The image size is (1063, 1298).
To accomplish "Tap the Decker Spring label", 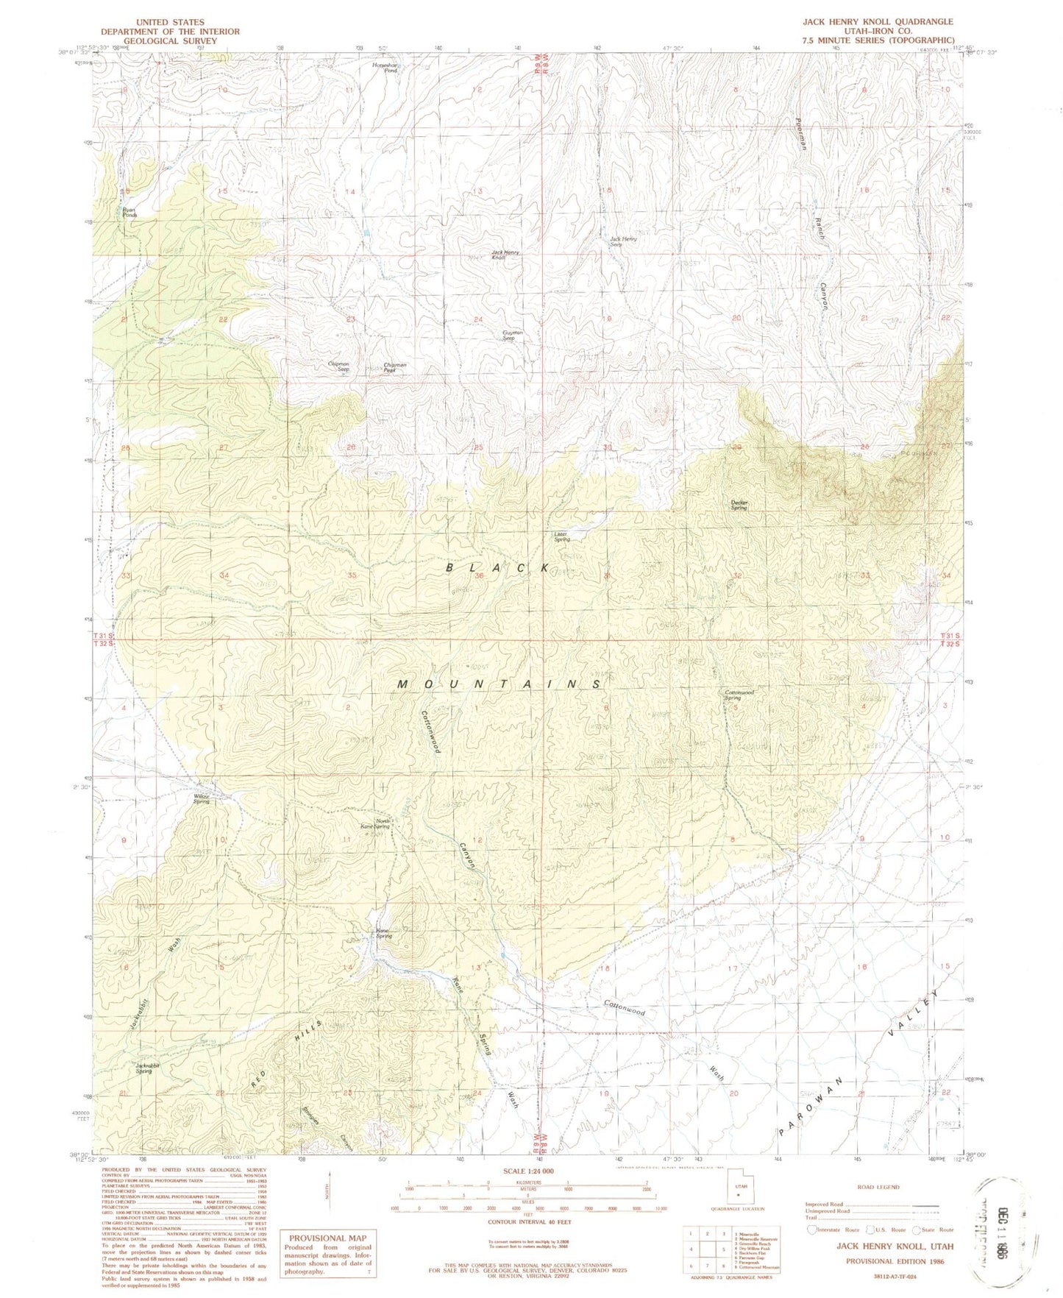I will (739, 506).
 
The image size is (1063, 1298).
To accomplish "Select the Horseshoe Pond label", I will (385, 68).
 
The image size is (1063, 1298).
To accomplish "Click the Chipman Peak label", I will (395, 367).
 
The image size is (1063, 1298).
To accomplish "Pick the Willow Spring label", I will (202, 798).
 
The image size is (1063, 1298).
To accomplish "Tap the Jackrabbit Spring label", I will (144, 1068).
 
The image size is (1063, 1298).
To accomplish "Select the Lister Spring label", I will (562, 536).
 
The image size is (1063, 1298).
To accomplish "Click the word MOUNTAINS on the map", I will (499, 684).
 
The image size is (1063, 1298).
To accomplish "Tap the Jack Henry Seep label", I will (623, 241).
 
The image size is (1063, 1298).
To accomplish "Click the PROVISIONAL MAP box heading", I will (327, 1238).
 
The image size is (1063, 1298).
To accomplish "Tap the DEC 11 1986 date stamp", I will (1000, 1222).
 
